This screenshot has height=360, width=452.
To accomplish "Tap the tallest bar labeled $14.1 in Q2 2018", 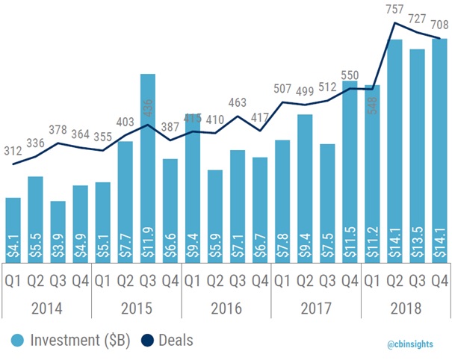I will pyautogui.click(x=394, y=149).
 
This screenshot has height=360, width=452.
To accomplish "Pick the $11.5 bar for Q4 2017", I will pyautogui.click(x=350, y=172).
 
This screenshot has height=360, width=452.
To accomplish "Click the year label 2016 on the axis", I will pyautogui.click(x=226, y=308).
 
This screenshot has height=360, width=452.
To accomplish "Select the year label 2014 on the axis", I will pyautogui.click(x=46, y=308).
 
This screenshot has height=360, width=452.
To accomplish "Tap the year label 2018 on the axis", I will pyautogui.click(x=406, y=308).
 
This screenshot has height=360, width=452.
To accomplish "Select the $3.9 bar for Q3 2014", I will pyautogui.click(x=58, y=232).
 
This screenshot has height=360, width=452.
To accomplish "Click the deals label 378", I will pyautogui.click(x=58, y=131).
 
